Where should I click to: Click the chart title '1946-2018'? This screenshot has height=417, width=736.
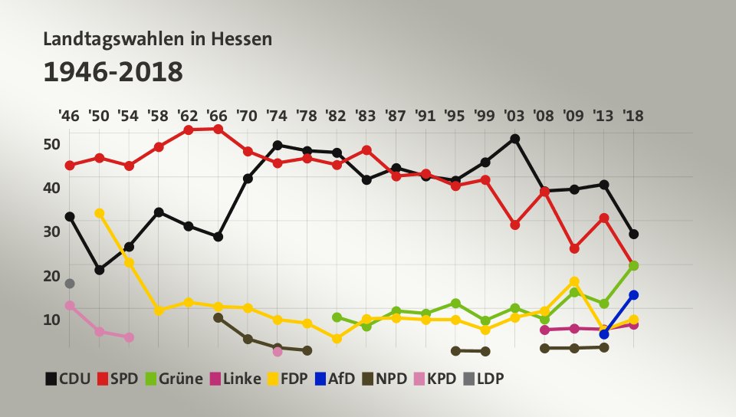[x=113, y=72]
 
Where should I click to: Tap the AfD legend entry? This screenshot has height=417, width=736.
[x=336, y=378]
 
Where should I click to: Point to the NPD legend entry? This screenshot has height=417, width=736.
[x=386, y=378]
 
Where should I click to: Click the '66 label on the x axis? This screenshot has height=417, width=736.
[x=218, y=117]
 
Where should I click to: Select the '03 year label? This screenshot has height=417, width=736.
[x=514, y=117]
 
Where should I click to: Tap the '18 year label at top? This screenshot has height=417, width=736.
[x=633, y=117]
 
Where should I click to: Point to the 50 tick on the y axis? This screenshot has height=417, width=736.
[x=51, y=144]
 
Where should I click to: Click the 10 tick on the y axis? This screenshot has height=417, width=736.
[x=51, y=320]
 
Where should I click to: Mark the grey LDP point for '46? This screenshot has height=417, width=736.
[x=70, y=284]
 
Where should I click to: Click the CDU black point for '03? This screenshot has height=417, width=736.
[x=515, y=139]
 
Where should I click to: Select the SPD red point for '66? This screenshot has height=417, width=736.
[x=219, y=129]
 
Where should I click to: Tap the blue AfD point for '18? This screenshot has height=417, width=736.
[x=634, y=295]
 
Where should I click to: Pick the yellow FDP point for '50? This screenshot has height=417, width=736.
[x=99, y=213]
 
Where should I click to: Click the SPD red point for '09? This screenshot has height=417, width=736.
[x=574, y=248]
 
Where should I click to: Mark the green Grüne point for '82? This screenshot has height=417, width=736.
[x=337, y=317]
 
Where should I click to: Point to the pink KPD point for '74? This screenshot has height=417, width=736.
[x=278, y=352]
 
